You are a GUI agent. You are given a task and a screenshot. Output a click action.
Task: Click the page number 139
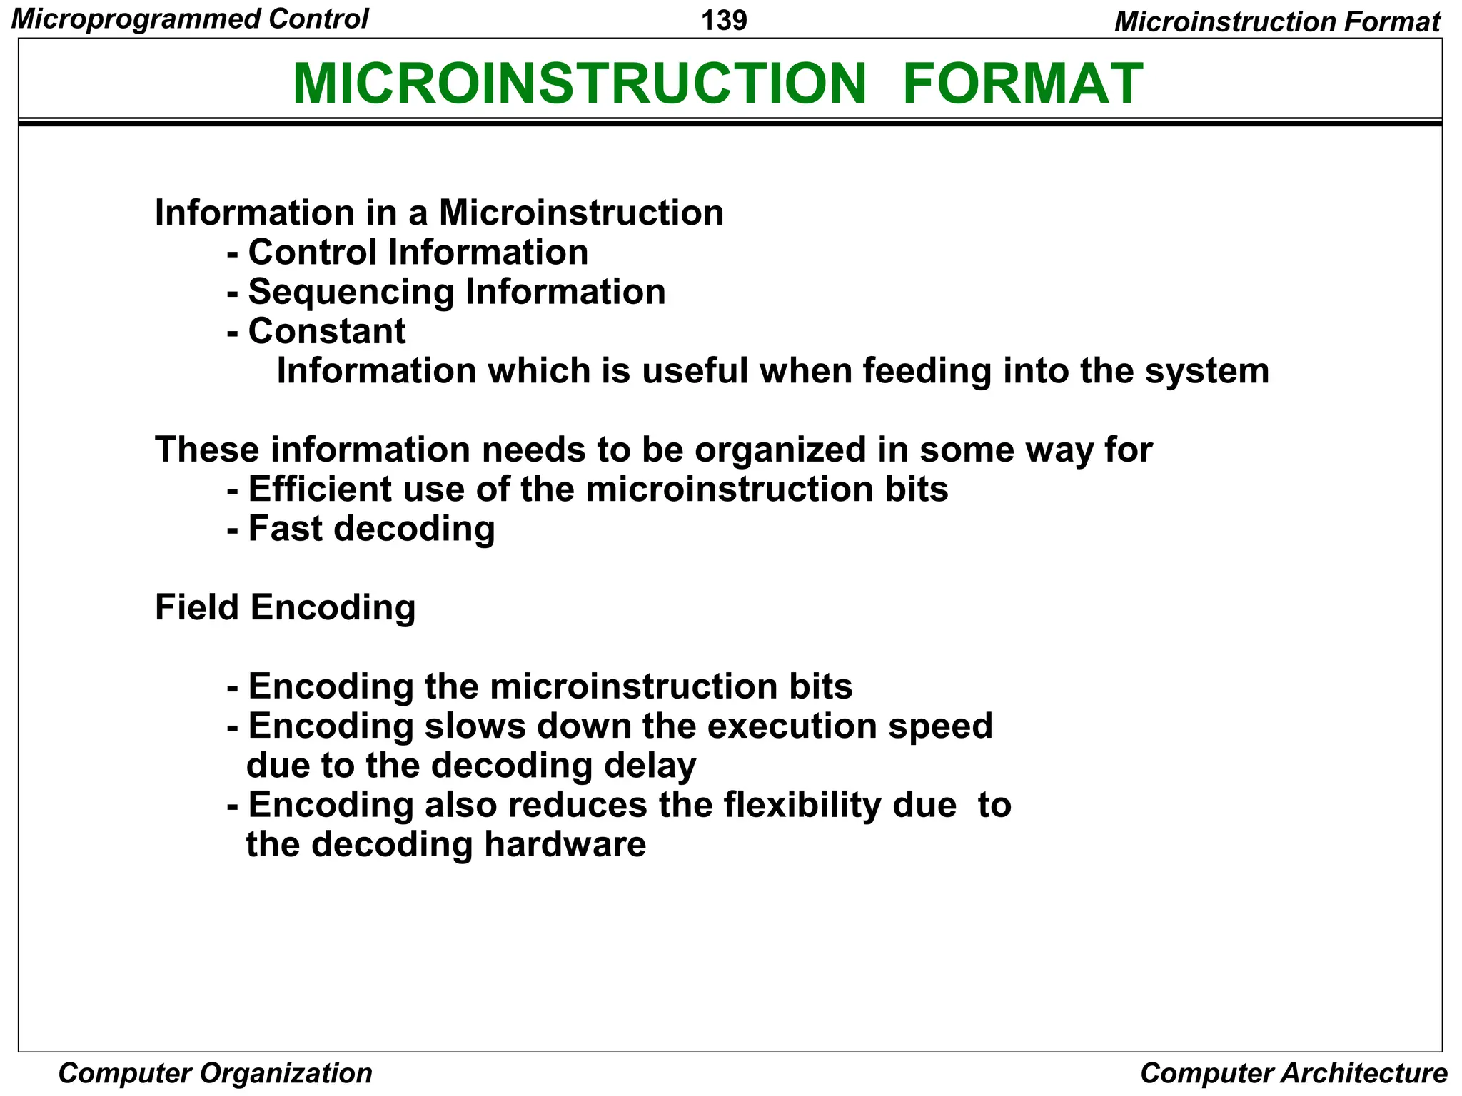(x=724, y=20)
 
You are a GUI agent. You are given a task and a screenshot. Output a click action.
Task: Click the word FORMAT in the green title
(x=1022, y=84)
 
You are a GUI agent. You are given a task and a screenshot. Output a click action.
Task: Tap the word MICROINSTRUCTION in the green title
(x=579, y=84)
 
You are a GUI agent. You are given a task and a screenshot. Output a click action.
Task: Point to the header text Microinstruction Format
(x=1277, y=21)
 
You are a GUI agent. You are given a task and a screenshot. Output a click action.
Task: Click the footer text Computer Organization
(x=215, y=1073)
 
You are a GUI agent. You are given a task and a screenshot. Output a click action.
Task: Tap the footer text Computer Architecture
(x=1293, y=1073)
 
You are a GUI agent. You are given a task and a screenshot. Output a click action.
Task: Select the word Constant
(x=326, y=332)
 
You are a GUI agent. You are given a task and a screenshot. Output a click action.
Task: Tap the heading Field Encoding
(x=285, y=608)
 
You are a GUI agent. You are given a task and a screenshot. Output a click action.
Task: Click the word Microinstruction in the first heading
(x=581, y=213)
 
